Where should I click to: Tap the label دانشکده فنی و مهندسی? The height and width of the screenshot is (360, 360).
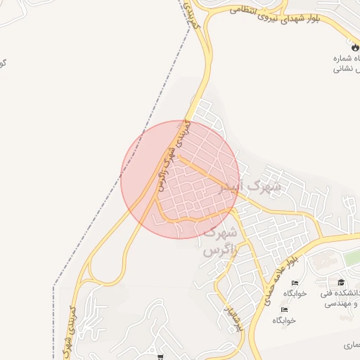click(x=340, y=299)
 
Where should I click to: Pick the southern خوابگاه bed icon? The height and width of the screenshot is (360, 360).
click(x=284, y=309)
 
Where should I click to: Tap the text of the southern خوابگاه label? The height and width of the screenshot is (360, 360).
click(x=284, y=321)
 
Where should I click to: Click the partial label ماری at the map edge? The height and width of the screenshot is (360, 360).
click(x=350, y=345)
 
